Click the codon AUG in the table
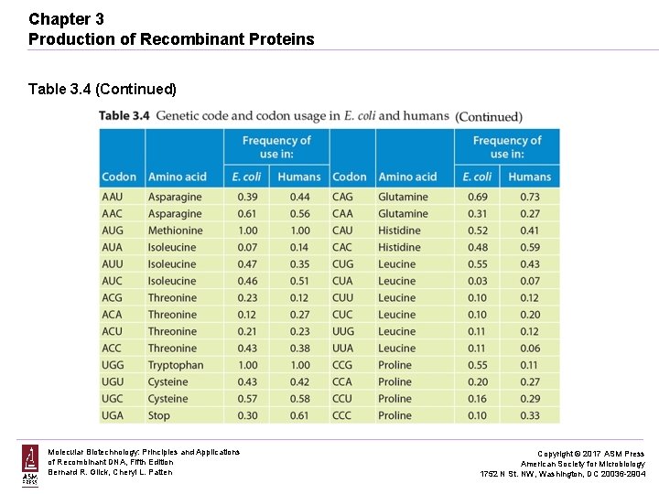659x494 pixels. (x=113, y=231)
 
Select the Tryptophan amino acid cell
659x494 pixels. (x=175, y=365)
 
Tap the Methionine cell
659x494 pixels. (x=175, y=231)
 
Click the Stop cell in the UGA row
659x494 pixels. (x=159, y=415)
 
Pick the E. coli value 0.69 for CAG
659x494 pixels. (x=477, y=197)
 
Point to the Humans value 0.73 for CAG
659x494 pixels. (x=529, y=197)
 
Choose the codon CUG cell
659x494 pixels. (x=342, y=264)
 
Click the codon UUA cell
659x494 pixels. (x=342, y=349)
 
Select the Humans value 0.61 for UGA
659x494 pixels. (x=299, y=415)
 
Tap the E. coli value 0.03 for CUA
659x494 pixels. (x=477, y=281)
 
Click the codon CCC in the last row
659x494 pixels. (x=342, y=415)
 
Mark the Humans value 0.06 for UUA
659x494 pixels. (x=529, y=349)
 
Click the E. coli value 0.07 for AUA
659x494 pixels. (x=247, y=247)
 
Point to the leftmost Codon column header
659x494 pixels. (x=119, y=177)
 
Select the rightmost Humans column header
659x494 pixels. (x=529, y=177)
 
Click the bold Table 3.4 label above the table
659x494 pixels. (x=124, y=115)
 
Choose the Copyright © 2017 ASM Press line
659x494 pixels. (x=589, y=454)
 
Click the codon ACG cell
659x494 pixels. (x=113, y=297)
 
